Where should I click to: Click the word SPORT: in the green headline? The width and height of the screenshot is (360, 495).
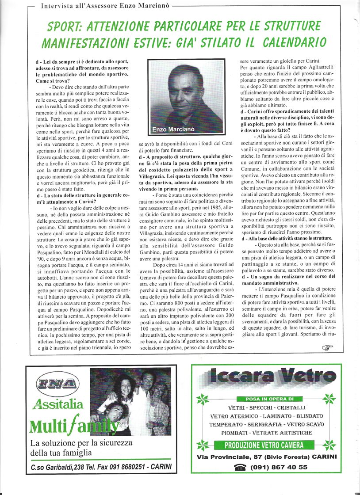click(69, 27)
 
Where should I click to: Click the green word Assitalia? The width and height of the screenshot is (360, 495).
click(57, 404)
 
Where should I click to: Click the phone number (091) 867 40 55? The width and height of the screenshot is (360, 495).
click(279, 467)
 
